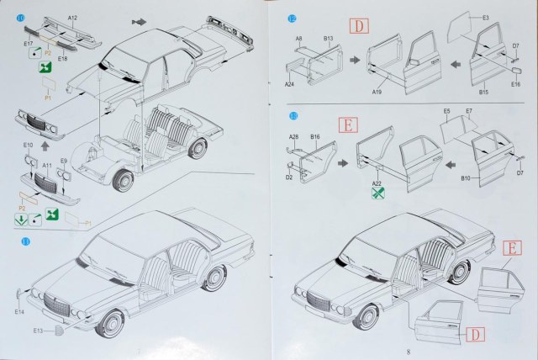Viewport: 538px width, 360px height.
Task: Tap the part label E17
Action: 28,43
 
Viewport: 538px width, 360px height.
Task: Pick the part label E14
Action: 19,313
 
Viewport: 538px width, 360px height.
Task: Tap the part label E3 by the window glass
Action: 486,18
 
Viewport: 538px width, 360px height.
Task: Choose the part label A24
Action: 288,85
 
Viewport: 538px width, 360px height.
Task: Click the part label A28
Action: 293,135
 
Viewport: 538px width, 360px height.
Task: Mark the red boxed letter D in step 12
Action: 356,25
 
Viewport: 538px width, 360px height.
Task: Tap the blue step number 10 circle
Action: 20,18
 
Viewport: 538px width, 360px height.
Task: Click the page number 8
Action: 407,352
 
